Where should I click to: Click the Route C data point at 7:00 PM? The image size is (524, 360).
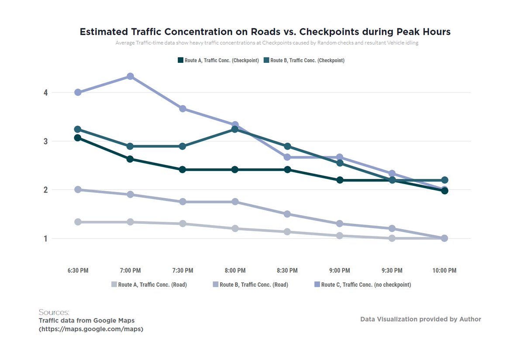130,76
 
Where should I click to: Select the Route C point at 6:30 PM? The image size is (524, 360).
78,92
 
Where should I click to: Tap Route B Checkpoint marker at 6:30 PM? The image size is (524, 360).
78,129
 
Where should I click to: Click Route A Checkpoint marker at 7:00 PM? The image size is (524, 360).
130,159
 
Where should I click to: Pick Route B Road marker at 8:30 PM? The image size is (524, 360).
287,214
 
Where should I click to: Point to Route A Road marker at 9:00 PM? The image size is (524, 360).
340,236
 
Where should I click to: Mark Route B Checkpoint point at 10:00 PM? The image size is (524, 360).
445,180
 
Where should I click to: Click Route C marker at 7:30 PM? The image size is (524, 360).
183,109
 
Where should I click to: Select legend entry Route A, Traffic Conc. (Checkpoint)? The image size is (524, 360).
218,61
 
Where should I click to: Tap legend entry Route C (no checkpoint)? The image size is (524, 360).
362,285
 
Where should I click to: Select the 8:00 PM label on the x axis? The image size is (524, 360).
235,271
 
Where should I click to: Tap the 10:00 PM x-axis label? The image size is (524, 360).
445,271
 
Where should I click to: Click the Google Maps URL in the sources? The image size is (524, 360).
91,329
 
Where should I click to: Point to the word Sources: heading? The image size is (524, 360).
54,312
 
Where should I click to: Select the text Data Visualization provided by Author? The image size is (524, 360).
421,319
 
